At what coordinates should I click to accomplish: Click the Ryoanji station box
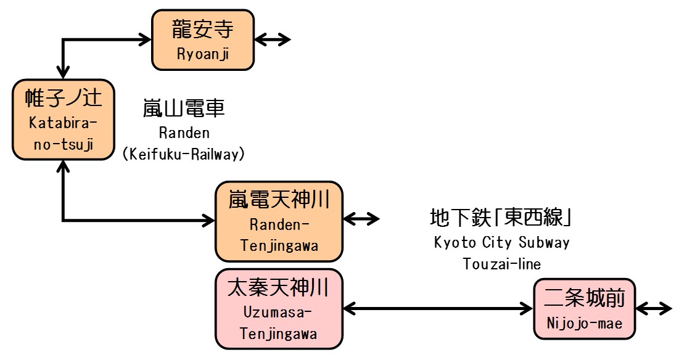[203, 39]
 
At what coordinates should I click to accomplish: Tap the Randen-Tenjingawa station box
[279, 221]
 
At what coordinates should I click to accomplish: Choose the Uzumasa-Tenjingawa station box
[279, 308]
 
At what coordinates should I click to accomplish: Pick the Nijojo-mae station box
[585, 308]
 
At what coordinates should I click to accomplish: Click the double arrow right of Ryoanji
[273, 39]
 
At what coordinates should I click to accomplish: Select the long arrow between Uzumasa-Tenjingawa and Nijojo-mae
[438, 308]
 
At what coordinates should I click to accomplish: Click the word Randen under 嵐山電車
[184, 133]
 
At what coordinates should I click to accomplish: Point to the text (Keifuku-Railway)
[184, 155]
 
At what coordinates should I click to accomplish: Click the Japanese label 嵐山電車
[184, 109]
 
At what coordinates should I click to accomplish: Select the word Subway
[544, 242]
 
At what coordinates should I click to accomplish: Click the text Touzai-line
[502, 264]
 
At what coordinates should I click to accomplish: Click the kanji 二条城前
[585, 299]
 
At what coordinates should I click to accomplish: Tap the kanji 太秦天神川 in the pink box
[279, 287]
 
